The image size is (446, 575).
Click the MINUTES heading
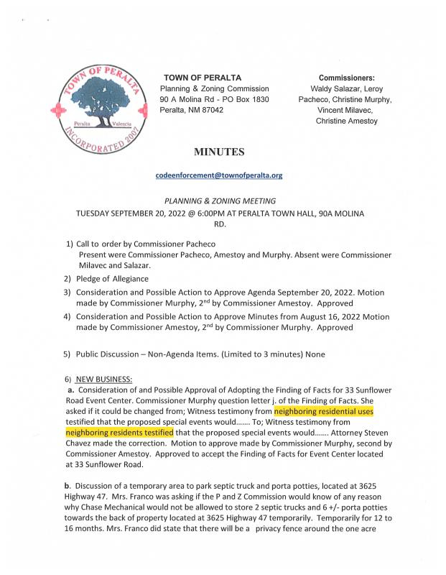[219, 152]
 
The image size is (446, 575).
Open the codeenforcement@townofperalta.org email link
[219, 175]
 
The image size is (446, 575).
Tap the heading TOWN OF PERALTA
[203, 78]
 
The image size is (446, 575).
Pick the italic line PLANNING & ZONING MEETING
[220, 201]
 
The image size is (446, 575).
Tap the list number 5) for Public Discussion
[67, 354]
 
